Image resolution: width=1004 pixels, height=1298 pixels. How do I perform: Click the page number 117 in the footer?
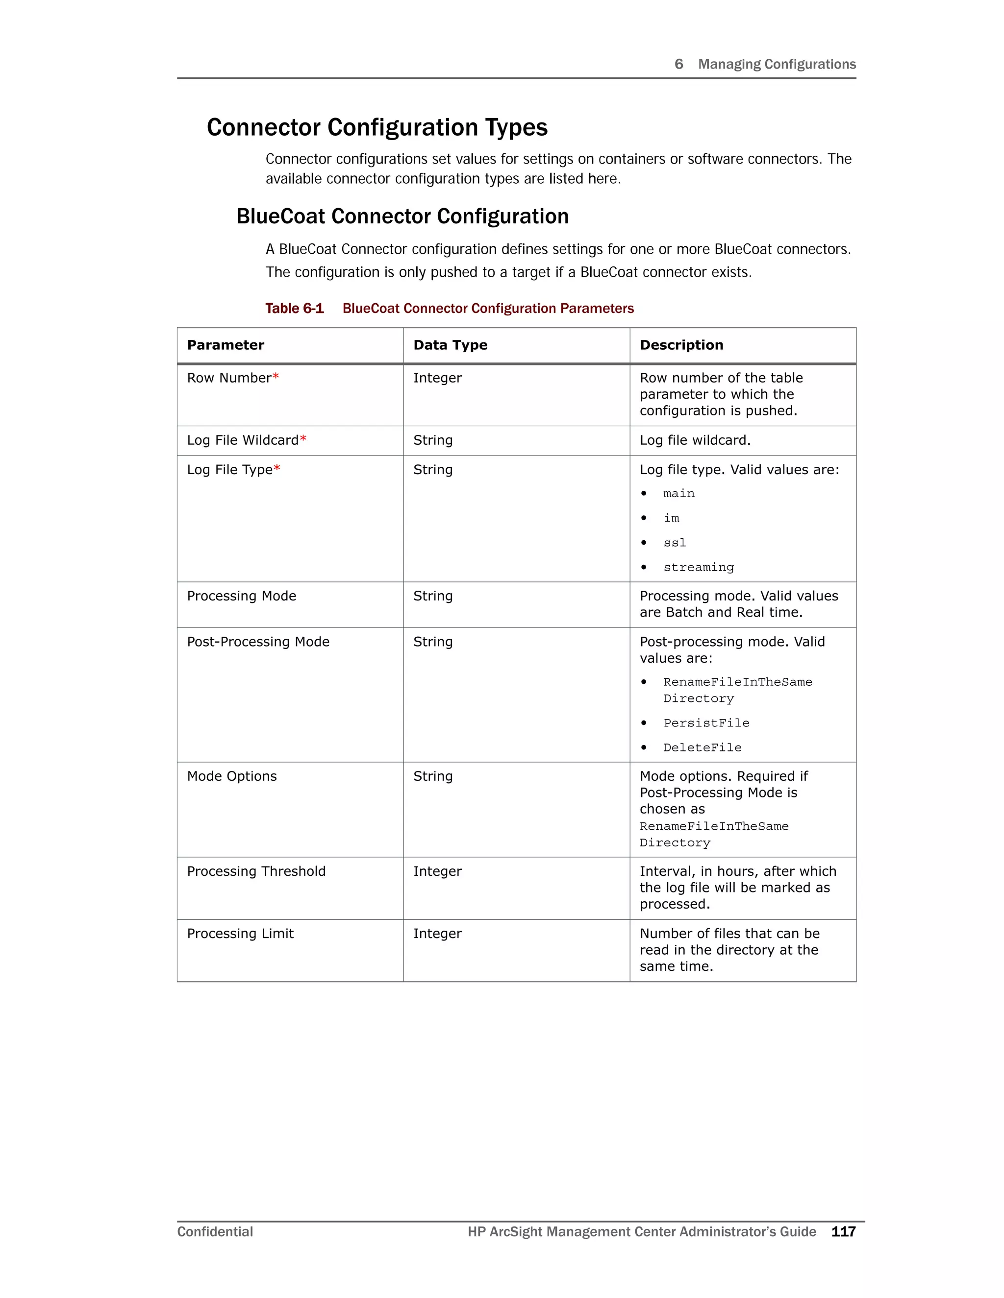tap(843, 1231)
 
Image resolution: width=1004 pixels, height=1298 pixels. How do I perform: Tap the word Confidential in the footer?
tap(215, 1231)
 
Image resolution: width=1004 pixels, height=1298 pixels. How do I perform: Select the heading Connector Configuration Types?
tap(376, 128)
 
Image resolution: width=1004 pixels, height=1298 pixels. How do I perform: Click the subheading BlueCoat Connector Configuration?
tap(402, 216)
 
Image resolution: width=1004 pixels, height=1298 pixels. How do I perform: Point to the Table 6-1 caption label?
tap(295, 309)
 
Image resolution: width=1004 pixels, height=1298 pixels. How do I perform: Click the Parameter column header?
tap(226, 345)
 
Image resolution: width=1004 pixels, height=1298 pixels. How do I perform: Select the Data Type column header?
tap(450, 345)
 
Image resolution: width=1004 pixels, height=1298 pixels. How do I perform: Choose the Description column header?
tap(681, 345)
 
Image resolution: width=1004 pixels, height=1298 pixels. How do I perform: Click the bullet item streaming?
tap(698, 568)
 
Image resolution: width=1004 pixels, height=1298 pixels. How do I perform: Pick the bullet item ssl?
tap(675, 543)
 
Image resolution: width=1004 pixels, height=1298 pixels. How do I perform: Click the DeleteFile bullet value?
tap(702, 747)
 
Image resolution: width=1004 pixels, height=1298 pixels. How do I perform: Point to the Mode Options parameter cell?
tap(232, 776)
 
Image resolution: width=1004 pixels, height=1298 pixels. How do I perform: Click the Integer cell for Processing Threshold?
tap(437, 871)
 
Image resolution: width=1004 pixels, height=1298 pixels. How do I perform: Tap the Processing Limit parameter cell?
tap(240, 934)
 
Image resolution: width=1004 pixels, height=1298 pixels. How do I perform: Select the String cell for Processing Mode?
tap(432, 596)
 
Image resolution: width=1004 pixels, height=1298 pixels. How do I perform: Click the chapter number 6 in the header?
tap(678, 64)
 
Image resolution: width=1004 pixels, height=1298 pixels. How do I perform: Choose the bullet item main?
tap(678, 494)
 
